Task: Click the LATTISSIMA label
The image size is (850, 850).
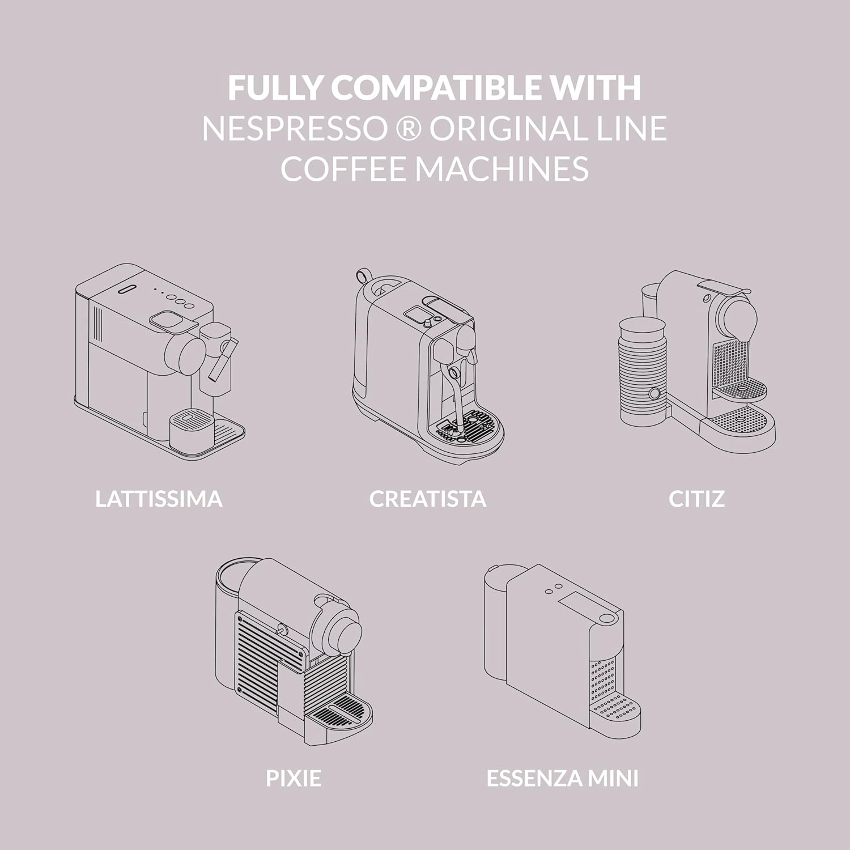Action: pos(159,499)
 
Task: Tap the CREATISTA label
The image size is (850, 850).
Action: pos(428,499)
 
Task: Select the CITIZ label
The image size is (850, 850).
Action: pos(696,499)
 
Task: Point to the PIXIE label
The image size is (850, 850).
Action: pos(294,778)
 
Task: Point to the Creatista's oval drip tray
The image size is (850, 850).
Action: pos(470,428)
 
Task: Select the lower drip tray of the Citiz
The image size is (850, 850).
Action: pos(739,422)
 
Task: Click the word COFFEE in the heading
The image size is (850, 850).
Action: pos(343,169)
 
